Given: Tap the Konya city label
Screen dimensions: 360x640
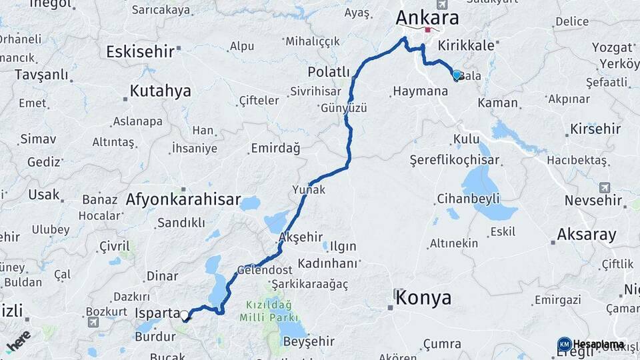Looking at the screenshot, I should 423,298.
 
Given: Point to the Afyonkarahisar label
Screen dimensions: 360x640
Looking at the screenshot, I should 183,199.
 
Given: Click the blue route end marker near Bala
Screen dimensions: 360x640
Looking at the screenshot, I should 457,75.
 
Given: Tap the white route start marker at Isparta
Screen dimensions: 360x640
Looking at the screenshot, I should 184,315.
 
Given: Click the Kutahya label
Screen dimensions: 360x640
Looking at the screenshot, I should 160,91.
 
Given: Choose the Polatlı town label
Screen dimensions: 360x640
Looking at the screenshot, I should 329,71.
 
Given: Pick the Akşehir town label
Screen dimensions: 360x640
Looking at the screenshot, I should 301,237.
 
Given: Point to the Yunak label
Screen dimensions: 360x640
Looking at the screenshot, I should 309,190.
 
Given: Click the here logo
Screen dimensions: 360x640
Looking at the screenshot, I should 19,341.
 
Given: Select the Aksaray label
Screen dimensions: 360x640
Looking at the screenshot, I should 587,234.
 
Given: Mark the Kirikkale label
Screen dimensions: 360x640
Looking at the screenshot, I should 467,45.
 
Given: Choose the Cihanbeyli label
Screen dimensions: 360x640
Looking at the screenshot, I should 468,199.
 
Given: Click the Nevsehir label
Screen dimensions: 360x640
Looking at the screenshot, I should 592,200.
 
